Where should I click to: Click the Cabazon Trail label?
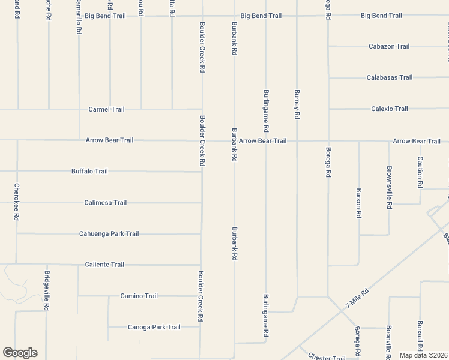(389, 46)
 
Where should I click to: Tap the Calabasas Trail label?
(390, 77)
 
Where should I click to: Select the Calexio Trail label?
(390, 109)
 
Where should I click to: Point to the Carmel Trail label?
(106, 109)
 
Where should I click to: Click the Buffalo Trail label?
(89, 171)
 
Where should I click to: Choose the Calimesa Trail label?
(106, 202)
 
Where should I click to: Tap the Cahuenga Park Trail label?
(109, 233)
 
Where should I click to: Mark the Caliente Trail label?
(104, 265)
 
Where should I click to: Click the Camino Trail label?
(139, 296)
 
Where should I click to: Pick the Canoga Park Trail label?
(154, 327)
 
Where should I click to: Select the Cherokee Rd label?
(17, 202)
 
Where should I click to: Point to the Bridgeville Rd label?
(47, 290)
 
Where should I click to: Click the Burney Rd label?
(297, 104)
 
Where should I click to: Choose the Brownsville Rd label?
(390, 187)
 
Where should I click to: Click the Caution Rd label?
(420, 172)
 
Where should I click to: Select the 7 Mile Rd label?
(357, 298)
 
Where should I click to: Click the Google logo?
(20, 353)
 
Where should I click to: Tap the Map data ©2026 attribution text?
(423, 355)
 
